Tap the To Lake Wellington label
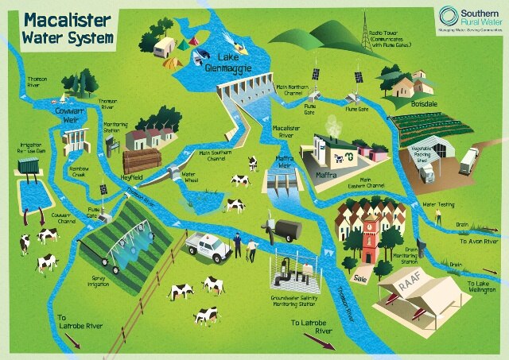click(481, 288)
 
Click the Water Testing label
click(438, 204)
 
